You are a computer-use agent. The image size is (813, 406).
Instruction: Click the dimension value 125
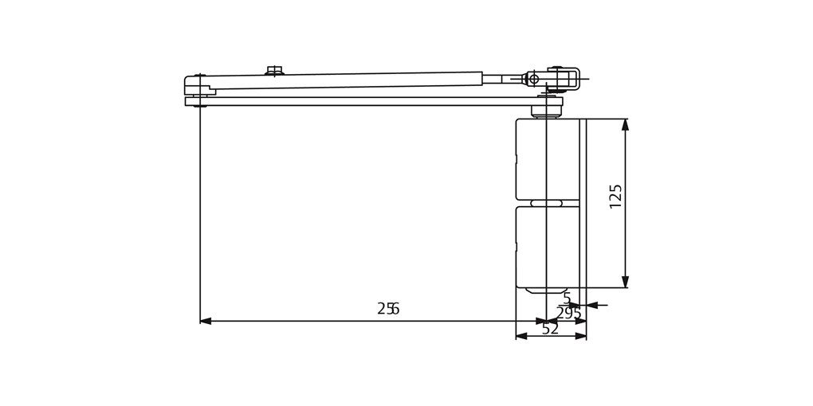[615, 197]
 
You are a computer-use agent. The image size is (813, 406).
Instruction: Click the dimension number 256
[388, 309]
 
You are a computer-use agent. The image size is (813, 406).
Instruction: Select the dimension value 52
[550, 329]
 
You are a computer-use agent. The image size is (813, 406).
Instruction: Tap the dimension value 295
[568, 314]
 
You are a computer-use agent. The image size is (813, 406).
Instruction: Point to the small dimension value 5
[567, 299]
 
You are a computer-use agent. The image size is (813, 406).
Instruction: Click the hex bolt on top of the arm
[274, 71]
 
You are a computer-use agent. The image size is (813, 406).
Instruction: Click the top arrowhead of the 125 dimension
[625, 124]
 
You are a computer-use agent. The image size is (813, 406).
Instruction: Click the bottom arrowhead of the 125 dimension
[625, 282]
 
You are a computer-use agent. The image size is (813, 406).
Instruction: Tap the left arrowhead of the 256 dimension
[206, 321]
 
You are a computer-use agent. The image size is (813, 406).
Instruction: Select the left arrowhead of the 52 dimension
[521, 336]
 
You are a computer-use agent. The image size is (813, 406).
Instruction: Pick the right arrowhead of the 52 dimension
[581, 336]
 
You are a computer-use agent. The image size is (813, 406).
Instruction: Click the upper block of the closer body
[531, 158]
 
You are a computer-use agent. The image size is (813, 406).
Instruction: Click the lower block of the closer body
[531, 247]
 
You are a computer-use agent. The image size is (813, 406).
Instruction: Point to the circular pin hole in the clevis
[534, 78]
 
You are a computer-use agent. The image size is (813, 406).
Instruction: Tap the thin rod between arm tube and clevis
[502, 78]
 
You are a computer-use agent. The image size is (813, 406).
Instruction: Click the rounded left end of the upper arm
[191, 84]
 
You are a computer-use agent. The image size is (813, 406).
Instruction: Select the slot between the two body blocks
[547, 203]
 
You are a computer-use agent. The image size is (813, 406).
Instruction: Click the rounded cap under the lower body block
[546, 291]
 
